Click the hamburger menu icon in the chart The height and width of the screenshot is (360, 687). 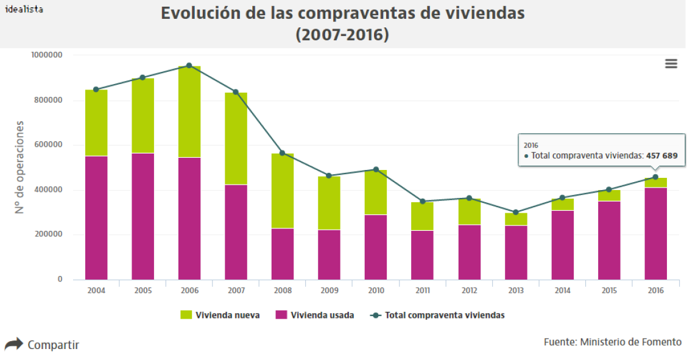pyautogui.click(x=671, y=64)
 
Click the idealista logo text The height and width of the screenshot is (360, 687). pyautogui.click(x=24, y=9)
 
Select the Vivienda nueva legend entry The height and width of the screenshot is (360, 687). pyautogui.click(x=220, y=315)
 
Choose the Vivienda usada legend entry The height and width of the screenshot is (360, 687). pyautogui.click(x=314, y=315)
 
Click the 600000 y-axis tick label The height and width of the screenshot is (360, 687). pyautogui.click(x=48, y=145)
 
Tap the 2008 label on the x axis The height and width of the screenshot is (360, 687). pyautogui.click(x=282, y=291)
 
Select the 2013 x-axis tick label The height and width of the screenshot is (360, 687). pyautogui.click(x=515, y=291)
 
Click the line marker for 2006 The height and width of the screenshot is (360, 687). pyautogui.click(x=189, y=65)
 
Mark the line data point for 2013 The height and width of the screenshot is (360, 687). pyautogui.click(x=516, y=213)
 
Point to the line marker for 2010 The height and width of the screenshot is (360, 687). pyautogui.click(x=376, y=169)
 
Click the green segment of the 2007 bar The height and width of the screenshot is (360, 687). pyautogui.click(x=236, y=138)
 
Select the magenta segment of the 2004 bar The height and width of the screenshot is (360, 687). pyautogui.click(x=96, y=217)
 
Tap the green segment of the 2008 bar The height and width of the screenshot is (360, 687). pyautogui.click(x=282, y=191)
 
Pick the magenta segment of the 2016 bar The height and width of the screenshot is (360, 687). pyautogui.click(x=655, y=233)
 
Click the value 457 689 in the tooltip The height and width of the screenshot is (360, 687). pyautogui.click(x=661, y=156)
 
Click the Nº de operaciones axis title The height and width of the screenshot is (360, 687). pyautogui.click(x=19, y=167)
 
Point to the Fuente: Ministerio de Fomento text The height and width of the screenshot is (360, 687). pyautogui.click(x=612, y=342)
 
